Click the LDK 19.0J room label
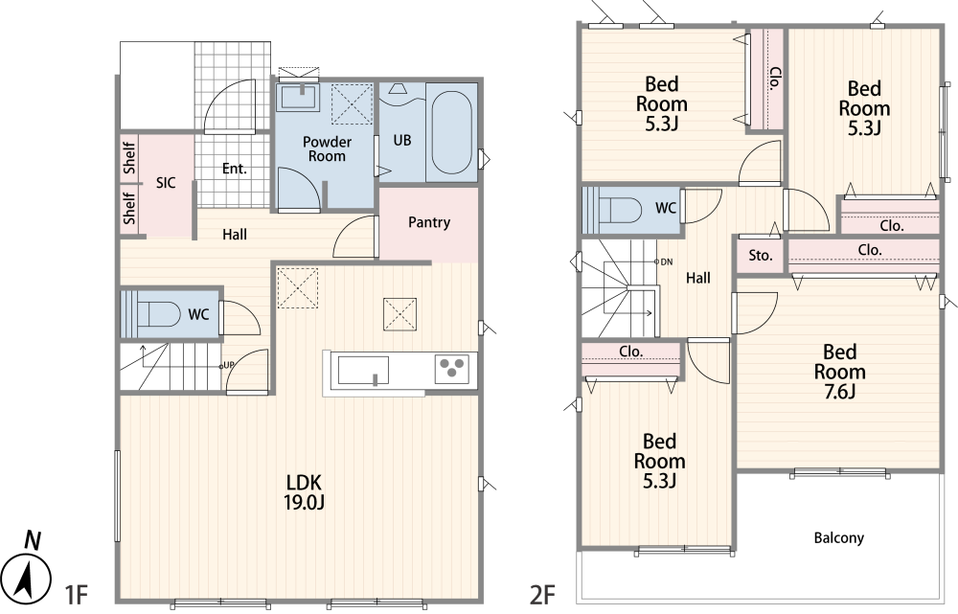tap(305, 491)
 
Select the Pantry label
tap(429, 222)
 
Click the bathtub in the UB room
tap(451, 132)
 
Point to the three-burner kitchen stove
tap(452, 369)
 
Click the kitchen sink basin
tap(363, 371)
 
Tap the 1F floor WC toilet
tap(158, 314)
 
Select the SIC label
tap(166, 182)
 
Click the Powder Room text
tap(327, 148)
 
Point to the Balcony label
tap(839, 537)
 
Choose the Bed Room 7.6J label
tap(839, 372)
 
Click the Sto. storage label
tap(761, 256)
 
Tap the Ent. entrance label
tap(235, 168)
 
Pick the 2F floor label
tap(542, 595)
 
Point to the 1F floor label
tap(78, 595)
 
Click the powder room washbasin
tap(298, 97)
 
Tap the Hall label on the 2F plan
tap(697, 278)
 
